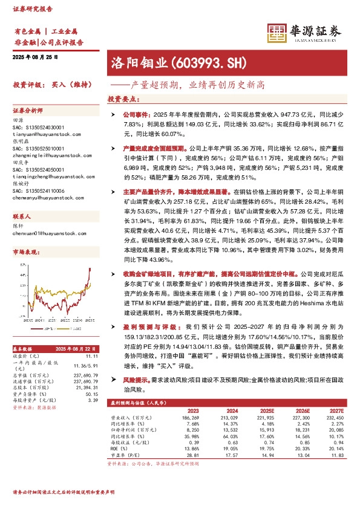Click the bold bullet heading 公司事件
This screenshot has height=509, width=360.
(x=135, y=114)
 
